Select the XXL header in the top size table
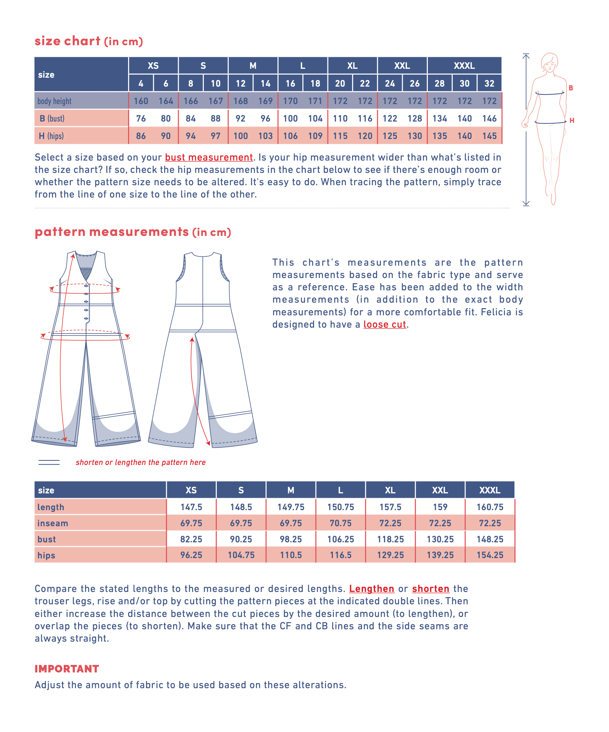coord(402,65)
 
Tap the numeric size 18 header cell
coord(315,84)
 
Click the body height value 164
coord(166,101)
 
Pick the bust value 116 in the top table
coord(365,118)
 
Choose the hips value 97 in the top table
coord(215,136)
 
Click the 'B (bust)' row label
coord(52,118)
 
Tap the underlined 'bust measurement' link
coord(209,157)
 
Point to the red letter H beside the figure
coord(572,121)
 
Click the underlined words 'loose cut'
coord(385,325)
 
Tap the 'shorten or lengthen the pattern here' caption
coord(140,462)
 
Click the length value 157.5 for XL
coord(390,507)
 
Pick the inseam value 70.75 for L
coord(340,523)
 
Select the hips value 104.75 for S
coord(241,555)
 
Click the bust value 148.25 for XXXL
coord(490,539)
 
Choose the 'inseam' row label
coord(53,523)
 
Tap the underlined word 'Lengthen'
coord(372,589)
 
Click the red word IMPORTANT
coord(67,669)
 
